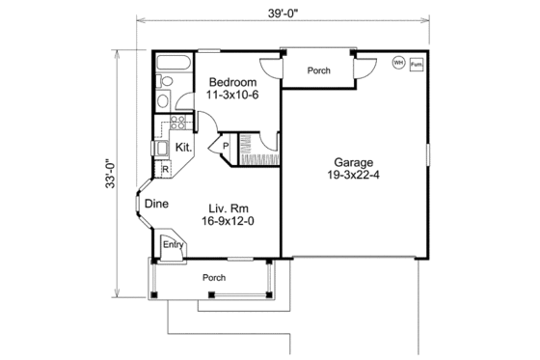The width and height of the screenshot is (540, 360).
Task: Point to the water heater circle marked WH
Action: [x=397, y=64]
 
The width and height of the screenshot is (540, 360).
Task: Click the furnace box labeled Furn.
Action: [x=417, y=65]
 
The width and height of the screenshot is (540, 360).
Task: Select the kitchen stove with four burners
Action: [x=177, y=122]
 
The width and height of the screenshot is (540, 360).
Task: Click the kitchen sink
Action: [x=161, y=148]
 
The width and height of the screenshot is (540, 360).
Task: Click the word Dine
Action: [x=156, y=204]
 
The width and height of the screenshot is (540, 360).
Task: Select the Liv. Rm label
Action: [x=230, y=207]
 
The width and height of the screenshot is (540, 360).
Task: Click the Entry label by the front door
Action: [x=172, y=245]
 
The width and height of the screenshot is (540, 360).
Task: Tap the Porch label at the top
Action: [x=319, y=70]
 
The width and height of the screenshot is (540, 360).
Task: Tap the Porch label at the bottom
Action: [x=213, y=278]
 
